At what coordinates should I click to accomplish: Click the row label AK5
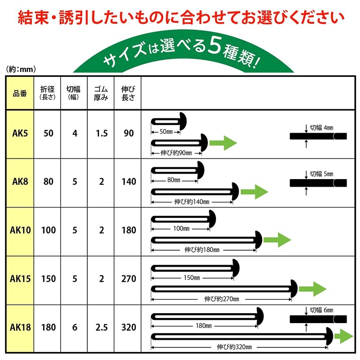click(20, 133)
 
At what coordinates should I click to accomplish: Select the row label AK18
click(20, 327)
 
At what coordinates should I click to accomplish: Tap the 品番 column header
click(20, 94)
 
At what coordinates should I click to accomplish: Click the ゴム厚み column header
click(101, 93)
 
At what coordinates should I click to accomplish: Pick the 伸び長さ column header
click(128, 93)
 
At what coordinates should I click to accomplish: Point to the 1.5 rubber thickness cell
click(102, 133)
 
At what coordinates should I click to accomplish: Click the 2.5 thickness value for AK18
click(102, 327)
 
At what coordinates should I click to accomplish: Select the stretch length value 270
click(129, 279)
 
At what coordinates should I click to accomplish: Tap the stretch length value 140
click(129, 182)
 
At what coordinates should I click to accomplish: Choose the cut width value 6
click(75, 327)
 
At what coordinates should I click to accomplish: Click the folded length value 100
click(49, 230)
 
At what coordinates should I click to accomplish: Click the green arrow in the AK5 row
click(223, 143)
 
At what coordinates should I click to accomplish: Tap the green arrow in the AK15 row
click(313, 289)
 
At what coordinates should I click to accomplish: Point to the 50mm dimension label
click(166, 132)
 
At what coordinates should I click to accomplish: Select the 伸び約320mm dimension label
click(234, 346)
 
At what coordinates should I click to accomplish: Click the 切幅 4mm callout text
click(321, 128)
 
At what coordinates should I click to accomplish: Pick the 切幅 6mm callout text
click(321, 310)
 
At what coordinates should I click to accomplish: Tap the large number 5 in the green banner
click(215, 46)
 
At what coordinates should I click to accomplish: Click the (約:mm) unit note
click(21, 69)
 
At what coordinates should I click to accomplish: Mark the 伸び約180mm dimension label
click(202, 250)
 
